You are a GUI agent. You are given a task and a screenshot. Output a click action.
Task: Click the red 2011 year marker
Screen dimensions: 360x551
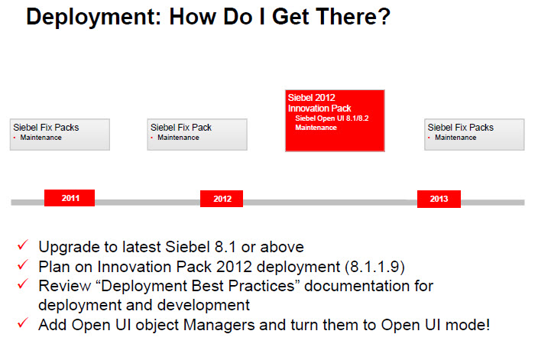point(70,199)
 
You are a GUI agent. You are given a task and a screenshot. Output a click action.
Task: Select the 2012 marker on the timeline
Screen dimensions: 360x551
point(222,199)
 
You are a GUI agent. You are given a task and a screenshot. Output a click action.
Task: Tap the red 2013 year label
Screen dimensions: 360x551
point(439,199)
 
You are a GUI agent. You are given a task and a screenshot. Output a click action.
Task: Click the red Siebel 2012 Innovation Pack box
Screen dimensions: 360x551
point(335,121)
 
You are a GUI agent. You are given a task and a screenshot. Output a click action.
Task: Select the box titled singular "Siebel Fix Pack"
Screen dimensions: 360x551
point(197,134)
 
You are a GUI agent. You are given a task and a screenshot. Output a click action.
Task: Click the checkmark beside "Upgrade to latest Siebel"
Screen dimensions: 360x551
point(23,246)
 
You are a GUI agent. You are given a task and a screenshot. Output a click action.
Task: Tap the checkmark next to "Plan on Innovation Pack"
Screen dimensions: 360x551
point(23,266)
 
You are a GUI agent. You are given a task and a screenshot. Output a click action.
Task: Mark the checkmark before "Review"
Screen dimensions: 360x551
point(23,286)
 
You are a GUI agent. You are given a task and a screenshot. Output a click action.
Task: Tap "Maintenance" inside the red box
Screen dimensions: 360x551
point(316,127)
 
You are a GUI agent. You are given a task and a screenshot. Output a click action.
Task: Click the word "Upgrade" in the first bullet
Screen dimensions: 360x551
point(66,247)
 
